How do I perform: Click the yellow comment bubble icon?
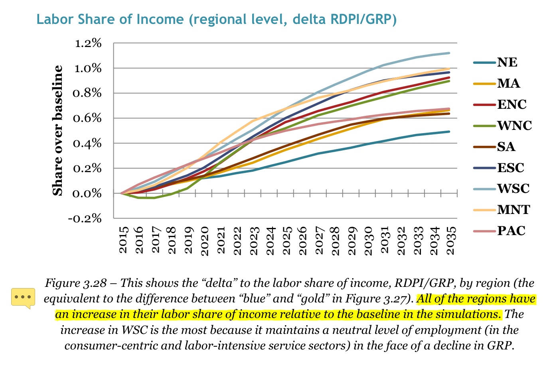click(x=23, y=298)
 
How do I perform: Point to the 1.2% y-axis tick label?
click(x=88, y=43)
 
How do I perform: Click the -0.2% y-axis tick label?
click(x=85, y=218)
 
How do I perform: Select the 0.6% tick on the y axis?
click(x=88, y=118)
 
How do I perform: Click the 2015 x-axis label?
click(x=123, y=240)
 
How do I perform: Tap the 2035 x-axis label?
click(x=450, y=240)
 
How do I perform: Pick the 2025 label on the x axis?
click(x=286, y=240)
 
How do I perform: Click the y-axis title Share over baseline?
click(x=58, y=130)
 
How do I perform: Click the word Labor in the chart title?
click(x=54, y=19)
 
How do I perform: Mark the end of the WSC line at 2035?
click(x=449, y=53)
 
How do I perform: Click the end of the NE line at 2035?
click(x=449, y=131)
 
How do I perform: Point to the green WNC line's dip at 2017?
click(x=154, y=198)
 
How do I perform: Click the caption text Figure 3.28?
click(x=76, y=283)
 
